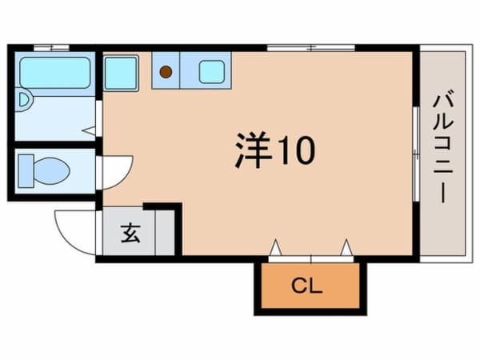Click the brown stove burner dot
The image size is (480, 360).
(166, 72)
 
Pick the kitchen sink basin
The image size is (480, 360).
(212, 72)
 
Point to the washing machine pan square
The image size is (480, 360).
(121, 72)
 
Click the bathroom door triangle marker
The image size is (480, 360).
(89, 128)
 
